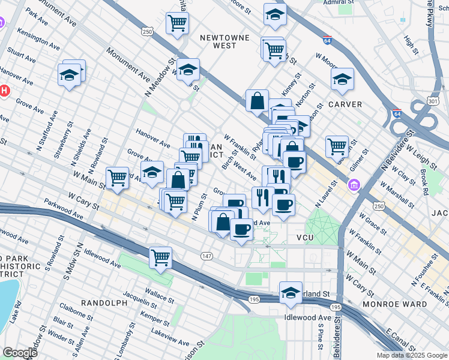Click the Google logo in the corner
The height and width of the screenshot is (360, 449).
click(x=20, y=353)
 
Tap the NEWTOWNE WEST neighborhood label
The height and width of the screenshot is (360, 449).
click(x=224, y=41)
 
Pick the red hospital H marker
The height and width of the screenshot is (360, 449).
click(x=4, y=91)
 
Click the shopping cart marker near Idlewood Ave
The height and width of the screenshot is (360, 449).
click(x=161, y=257)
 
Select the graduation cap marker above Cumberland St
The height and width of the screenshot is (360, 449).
click(x=291, y=292)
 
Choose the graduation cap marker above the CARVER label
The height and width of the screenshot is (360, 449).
click(x=342, y=79)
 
